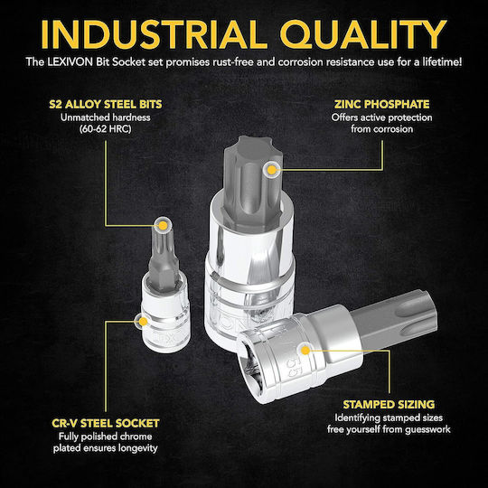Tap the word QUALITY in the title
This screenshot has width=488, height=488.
[363, 34]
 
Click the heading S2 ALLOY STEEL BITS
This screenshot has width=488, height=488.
[106, 104]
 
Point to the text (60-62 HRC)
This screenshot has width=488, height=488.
[105, 129]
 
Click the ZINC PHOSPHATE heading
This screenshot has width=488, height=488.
[382, 104]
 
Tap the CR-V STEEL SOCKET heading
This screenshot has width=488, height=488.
[106, 423]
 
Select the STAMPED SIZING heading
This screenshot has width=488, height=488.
[389, 405]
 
